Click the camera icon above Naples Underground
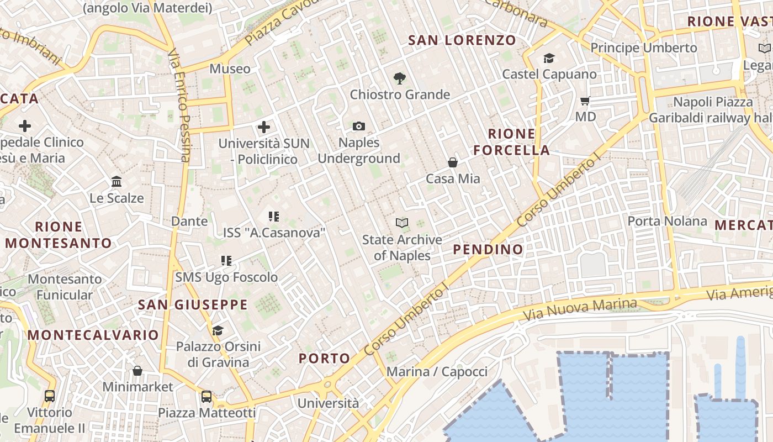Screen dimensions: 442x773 [x=359, y=127]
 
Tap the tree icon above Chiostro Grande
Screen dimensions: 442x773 [x=400, y=78]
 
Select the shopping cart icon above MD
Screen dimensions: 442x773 [x=585, y=101]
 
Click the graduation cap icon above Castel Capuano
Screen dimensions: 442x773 [x=549, y=58]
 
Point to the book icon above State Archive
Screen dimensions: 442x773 [x=402, y=223]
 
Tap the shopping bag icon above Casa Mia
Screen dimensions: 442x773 [x=453, y=162]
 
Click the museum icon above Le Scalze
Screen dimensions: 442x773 [x=117, y=182]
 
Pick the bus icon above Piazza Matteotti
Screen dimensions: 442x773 [x=207, y=396]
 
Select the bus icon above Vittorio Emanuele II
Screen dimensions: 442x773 [x=50, y=396]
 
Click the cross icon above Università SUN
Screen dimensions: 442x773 [x=264, y=127]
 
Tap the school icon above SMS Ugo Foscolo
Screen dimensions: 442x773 [x=226, y=261]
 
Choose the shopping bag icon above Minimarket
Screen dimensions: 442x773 [x=137, y=370]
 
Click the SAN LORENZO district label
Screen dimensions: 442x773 [x=462, y=40]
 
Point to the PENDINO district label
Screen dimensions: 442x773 [x=488, y=249]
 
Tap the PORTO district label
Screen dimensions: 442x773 [x=325, y=358]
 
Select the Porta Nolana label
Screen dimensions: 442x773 [x=667, y=222]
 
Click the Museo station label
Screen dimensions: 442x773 [x=230, y=69]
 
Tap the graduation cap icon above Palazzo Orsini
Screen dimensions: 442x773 [x=218, y=330]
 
